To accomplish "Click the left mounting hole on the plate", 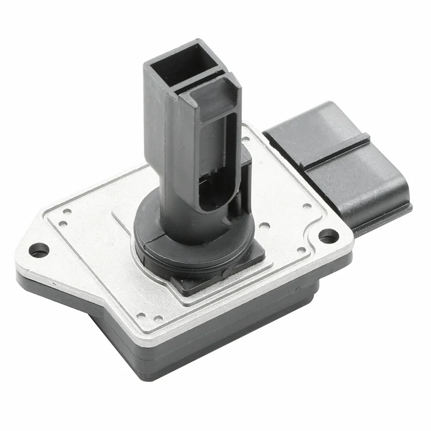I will click(38, 249).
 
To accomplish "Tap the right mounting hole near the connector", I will click(328, 235).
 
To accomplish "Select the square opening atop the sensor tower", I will click(180, 65).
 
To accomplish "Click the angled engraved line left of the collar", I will click(121, 221).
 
